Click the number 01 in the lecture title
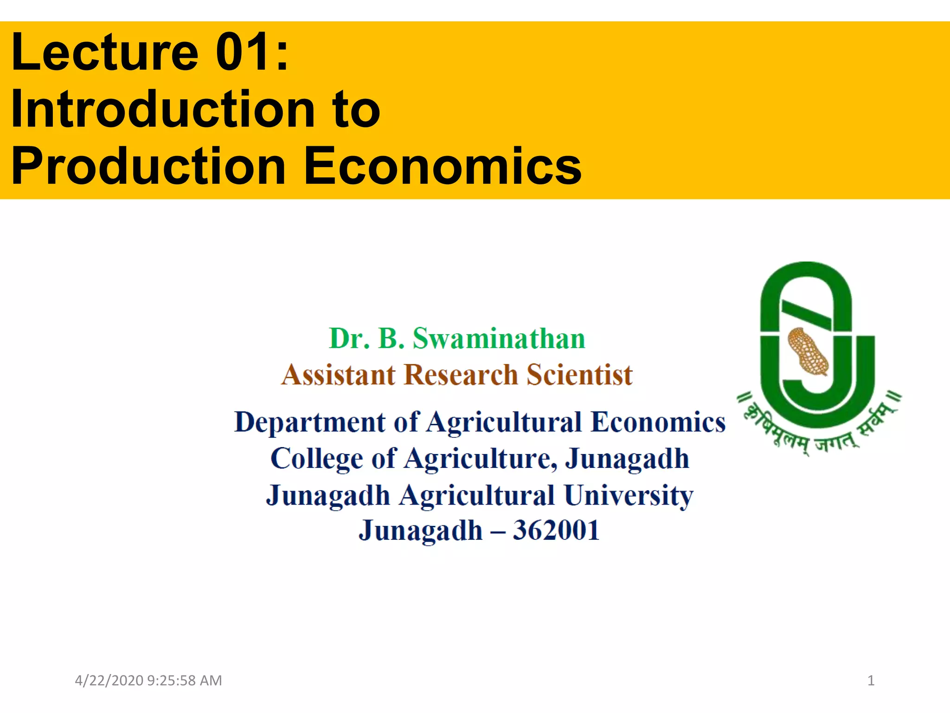point(245,52)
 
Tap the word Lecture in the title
point(105,52)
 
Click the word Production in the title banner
point(148,166)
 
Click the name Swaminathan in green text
point(499,338)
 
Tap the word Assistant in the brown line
point(339,375)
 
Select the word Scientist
point(579,375)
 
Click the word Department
point(310,422)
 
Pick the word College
point(317,459)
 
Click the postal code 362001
point(556,530)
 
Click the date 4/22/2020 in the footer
point(109,681)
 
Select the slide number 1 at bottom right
point(871,681)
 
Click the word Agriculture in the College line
point(480,459)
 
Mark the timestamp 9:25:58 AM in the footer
point(184,681)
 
